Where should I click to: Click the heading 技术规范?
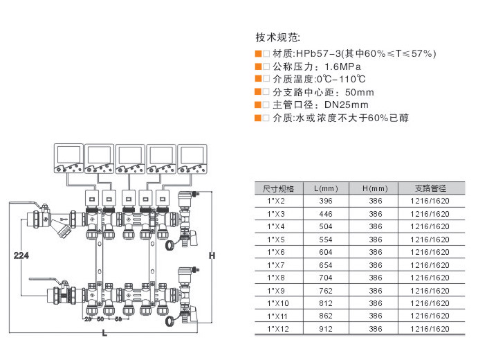pyautogui.click(x=278, y=37)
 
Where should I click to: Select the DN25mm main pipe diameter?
pyautogui.click(x=347, y=105)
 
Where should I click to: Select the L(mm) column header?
pyautogui.click(x=326, y=188)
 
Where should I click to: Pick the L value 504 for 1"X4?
pyautogui.click(x=326, y=226)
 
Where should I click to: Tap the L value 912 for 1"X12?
pyautogui.click(x=326, y=329)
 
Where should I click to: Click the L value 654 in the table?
pyautogui.click(x=326, y=265)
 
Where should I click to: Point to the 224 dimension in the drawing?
pyautogui.click(x=21, y=256)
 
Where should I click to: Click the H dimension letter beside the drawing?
pyautogui.click(x=212, y=256)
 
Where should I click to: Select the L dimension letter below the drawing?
pyautogui.click(x=104, y=334)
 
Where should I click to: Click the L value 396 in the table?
pyautogui.click(x=326, y=201)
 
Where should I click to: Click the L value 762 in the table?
pyautogui.click(x=326, y=291)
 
